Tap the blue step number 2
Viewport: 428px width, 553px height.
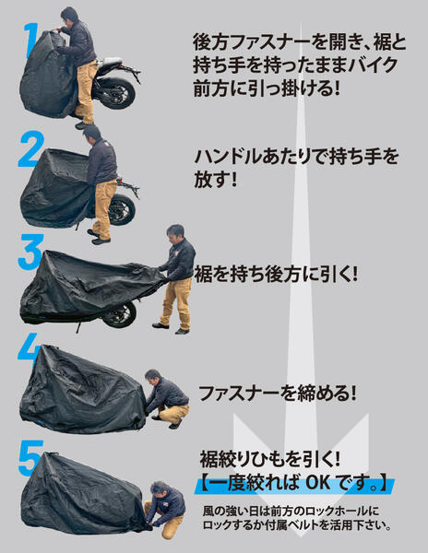31,149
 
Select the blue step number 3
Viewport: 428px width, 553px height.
31,252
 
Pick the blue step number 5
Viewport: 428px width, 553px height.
30,458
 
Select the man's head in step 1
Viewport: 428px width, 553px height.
69,15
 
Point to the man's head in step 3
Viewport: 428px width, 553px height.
175,234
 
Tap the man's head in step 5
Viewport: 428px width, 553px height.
160,490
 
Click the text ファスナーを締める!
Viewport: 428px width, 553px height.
277,394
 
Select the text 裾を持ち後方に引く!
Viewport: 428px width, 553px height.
276,275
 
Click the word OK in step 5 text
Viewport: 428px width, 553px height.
318,483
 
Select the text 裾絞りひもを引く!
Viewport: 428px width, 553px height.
270,459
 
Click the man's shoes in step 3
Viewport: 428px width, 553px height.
172,328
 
